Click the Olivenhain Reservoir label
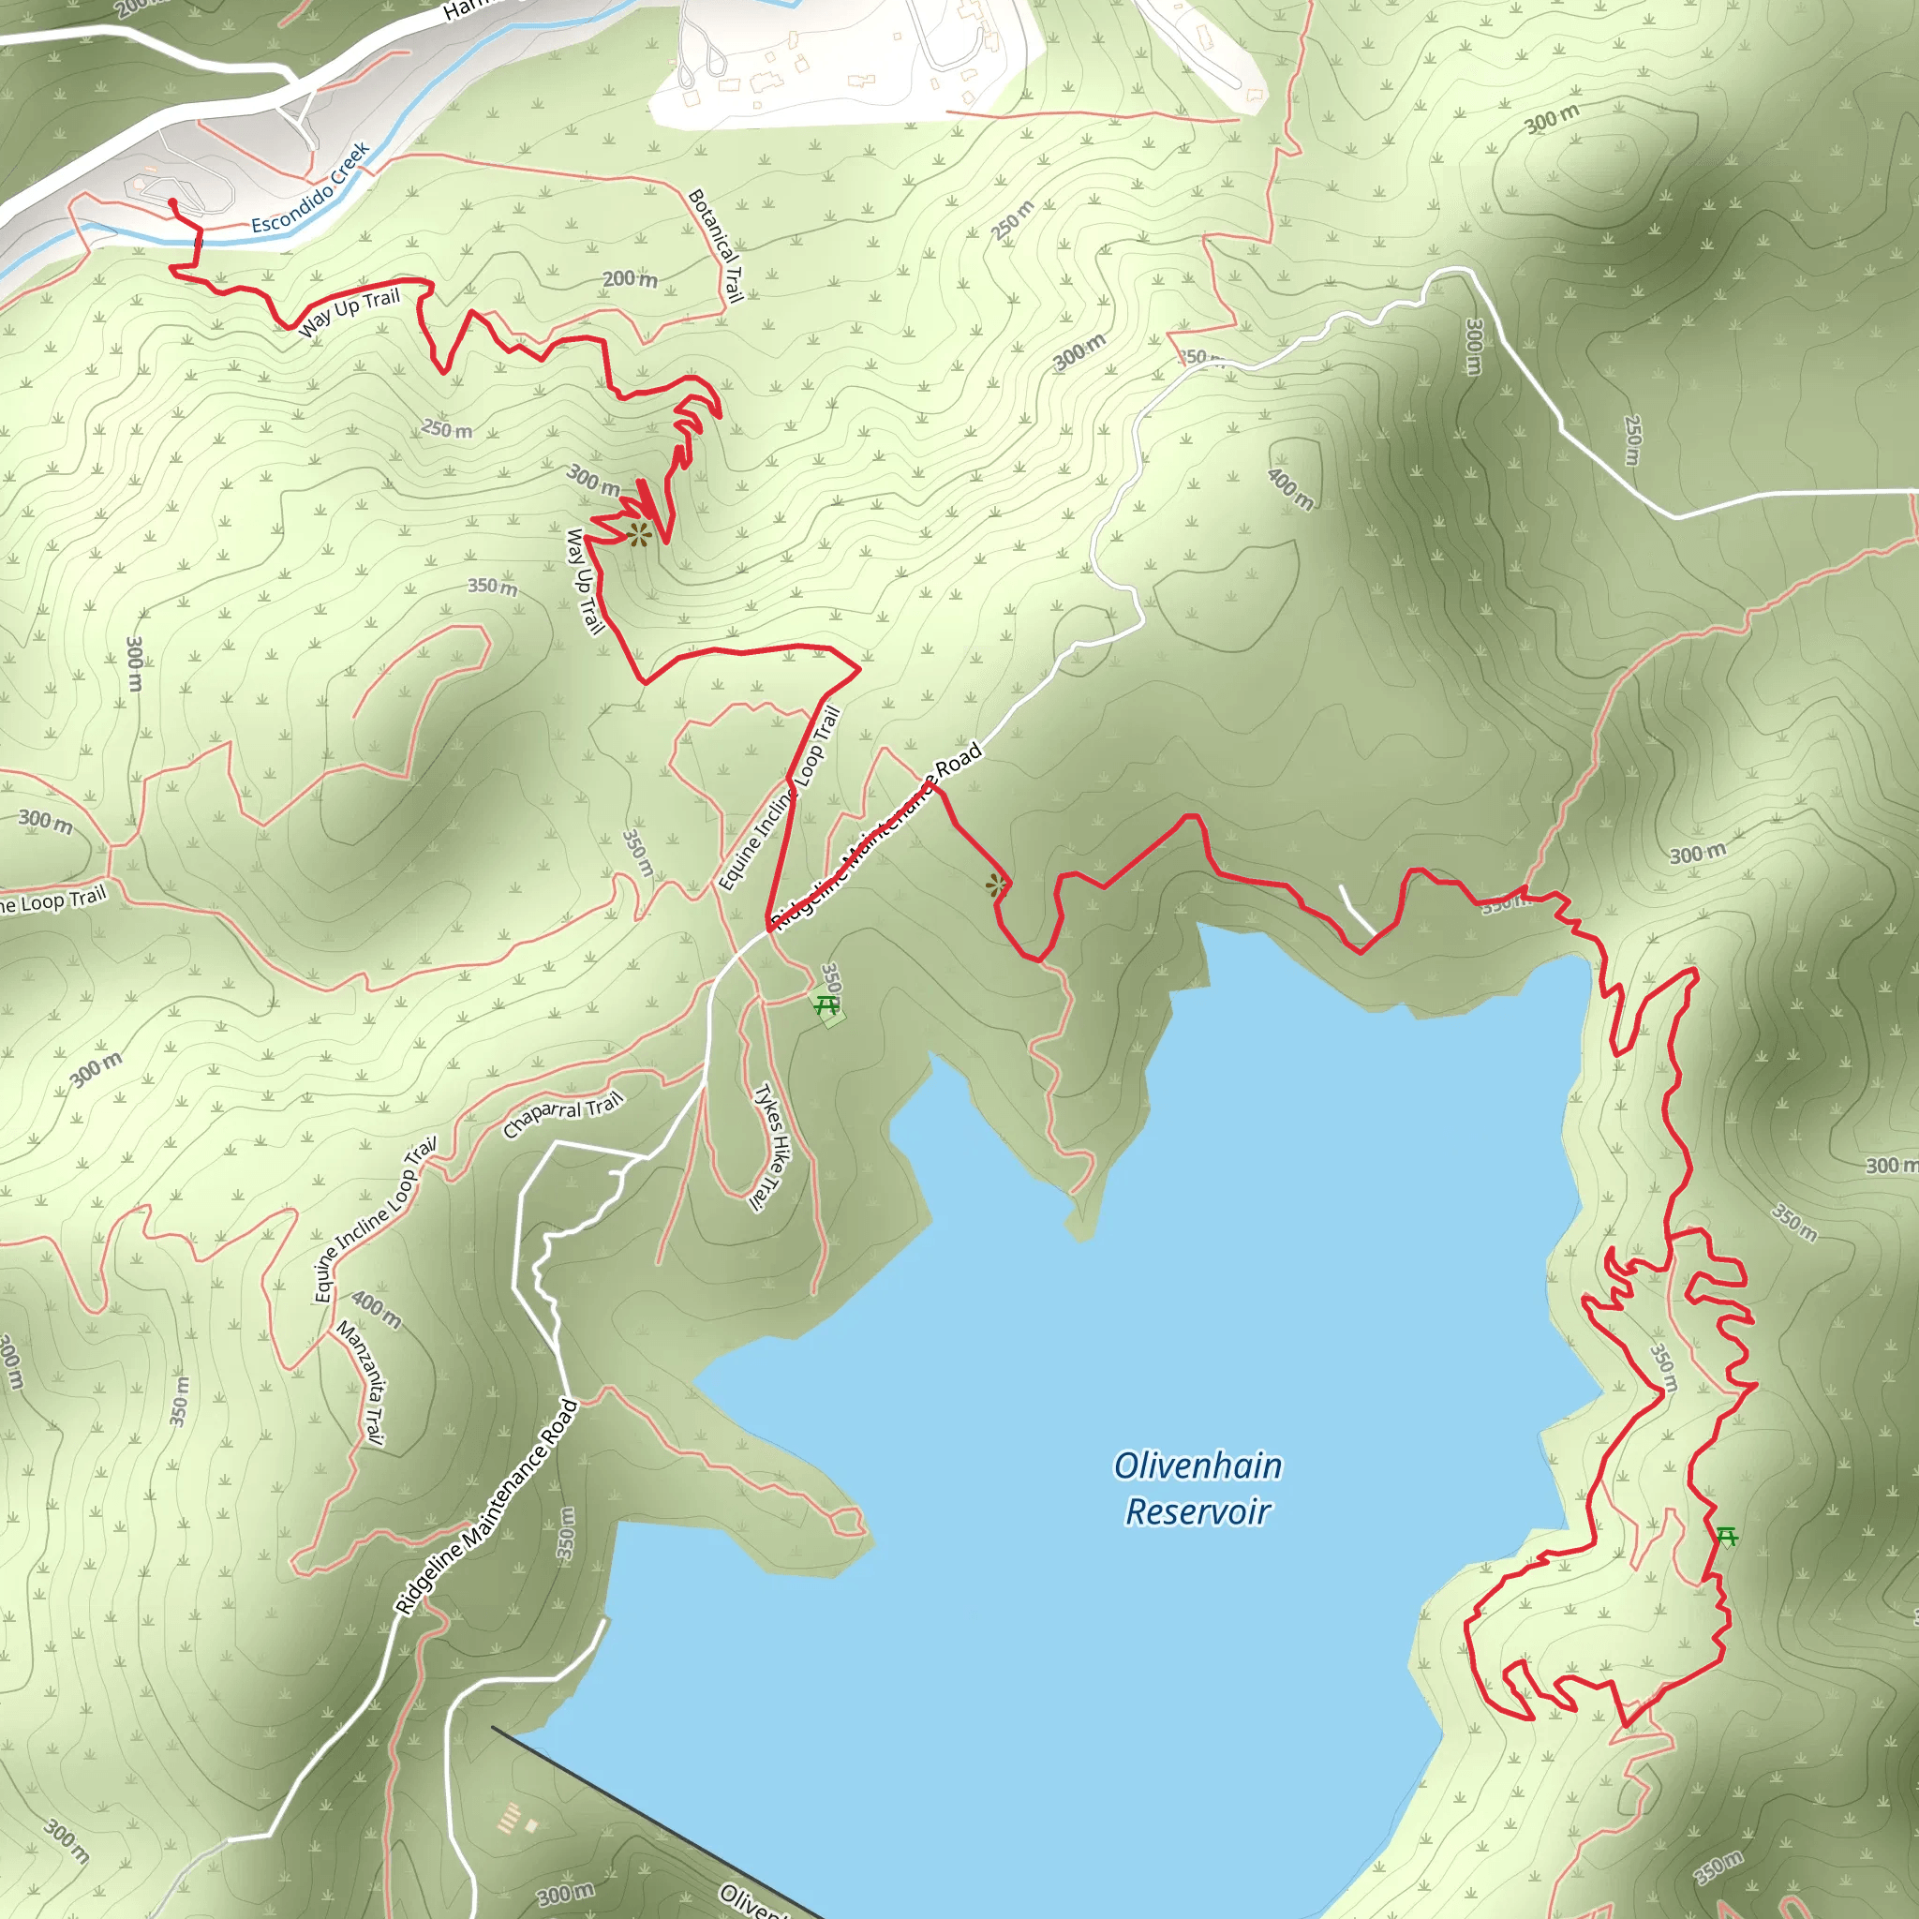pos(1197,1488)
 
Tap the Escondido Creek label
pos(310,188)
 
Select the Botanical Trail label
pos(716,245)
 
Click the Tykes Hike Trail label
pos(770,1147)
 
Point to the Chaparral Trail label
pos(563,1113)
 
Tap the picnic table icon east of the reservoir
pos(1727,1537)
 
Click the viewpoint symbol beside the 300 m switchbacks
pos(639,535)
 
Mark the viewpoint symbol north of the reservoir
pos(996,885)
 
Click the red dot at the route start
pos(171,202)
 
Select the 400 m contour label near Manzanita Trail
pos(377,1310)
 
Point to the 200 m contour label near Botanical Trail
pos(630,278)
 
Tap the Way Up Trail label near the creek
pos(350,312)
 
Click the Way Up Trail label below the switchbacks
pos(584,581)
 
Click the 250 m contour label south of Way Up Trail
pos(447,429)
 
